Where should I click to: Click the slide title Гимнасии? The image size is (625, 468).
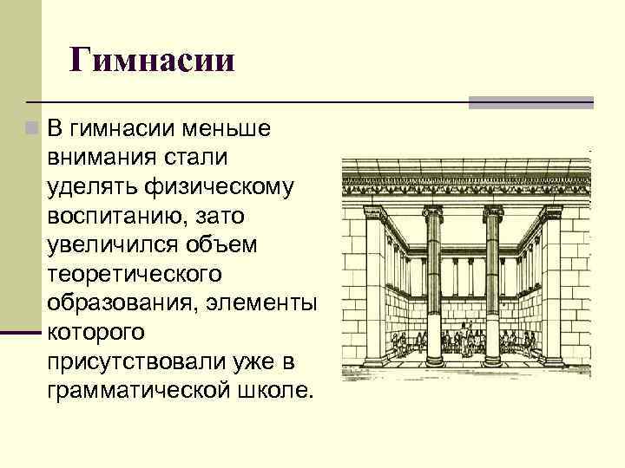[153, 62]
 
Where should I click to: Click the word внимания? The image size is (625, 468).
[102, 159]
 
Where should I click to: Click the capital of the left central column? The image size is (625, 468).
[431, 212]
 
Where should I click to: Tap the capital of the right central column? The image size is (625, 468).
[493, 212]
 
